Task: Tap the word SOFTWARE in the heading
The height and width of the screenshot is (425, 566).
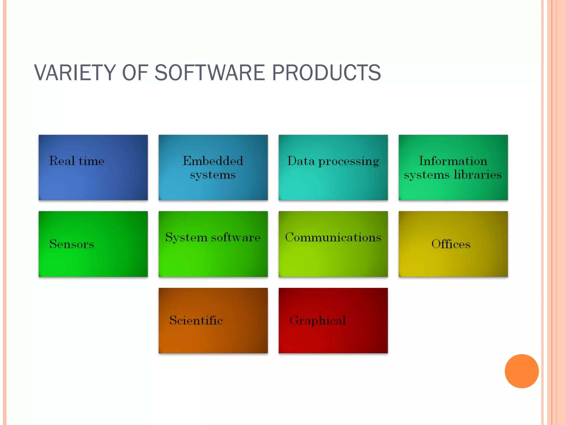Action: click(x=210, y=72)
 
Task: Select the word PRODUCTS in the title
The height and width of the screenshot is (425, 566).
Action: click(x=326, y=72)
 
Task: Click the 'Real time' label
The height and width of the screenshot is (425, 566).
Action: click(x=77, y=161)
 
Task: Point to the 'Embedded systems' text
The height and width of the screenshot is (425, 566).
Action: click(x=213, y=168)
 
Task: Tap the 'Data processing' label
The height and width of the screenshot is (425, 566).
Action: click(x=333, y=161)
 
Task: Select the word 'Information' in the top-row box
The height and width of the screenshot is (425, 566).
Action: click(x=453, y=161)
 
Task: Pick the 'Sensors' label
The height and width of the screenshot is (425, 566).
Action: click(x=72, y=244)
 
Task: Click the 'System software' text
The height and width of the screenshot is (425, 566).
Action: click(x=213, y=237)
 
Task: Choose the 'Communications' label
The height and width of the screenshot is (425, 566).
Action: click(x=333, y=237)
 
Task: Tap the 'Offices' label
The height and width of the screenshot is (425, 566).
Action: click(x=451, y=244)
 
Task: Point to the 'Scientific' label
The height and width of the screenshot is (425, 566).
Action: click(x=196, y=320)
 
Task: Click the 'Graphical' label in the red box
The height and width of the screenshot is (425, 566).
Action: click(x=318, y=320)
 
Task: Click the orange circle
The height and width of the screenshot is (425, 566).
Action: click(x=522, y=371)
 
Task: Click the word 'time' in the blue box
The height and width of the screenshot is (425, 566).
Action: click(x=91, y=161)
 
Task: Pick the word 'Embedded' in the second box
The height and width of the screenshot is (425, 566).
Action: click(x=213, y=161)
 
